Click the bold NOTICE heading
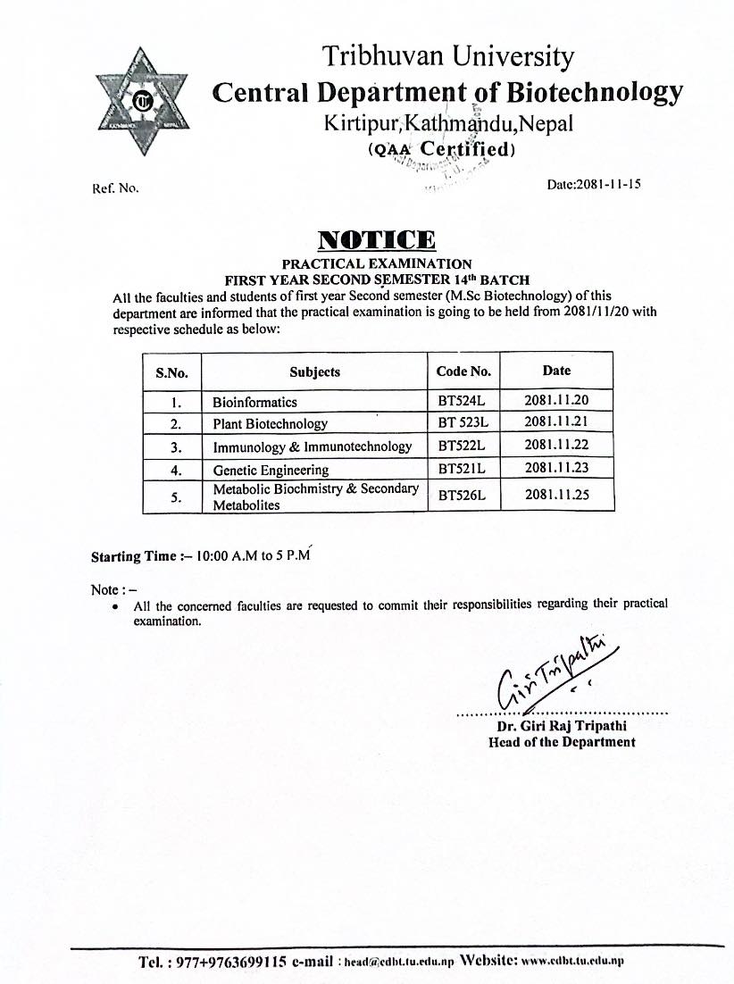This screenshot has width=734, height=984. tap(377, 239)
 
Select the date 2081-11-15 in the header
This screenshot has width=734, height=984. tap(594, 185)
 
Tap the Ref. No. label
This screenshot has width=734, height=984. tap(115, 188)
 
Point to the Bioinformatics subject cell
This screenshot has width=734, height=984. tap(254, 402)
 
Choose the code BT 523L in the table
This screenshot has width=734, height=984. tap(463, 422)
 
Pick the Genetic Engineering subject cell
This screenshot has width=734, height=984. tap(271, 470)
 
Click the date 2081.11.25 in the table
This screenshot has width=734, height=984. tap(556, 494)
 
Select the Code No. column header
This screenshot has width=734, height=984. tap(463, 371)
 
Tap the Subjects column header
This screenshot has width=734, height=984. tap(314, 371)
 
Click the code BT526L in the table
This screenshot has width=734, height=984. tap(461, 495)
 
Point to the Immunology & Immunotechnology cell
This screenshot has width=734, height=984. tap(313, 446)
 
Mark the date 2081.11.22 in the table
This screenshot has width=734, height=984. tap(556, 445)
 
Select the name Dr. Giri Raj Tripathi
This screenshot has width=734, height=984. tap(562, 727)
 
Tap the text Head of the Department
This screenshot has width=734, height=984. tap(562, 742)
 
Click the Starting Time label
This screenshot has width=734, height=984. tap(134, 556)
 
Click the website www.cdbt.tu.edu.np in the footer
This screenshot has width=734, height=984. tap(571, 962)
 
